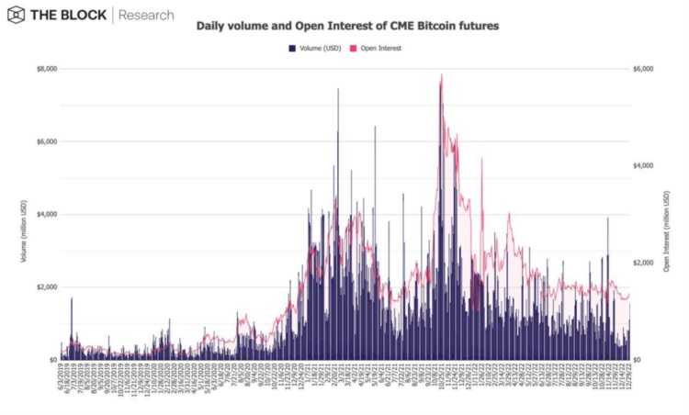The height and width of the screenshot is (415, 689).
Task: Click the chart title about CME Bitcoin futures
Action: tap(348, 27)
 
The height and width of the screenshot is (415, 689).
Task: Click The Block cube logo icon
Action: tap(17, 16)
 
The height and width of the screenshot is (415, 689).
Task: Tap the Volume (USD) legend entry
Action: tap(316, 48)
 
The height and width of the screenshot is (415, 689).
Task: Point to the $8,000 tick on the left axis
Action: tap(45, 69)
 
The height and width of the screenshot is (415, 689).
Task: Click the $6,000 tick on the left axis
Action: tap(45, 141)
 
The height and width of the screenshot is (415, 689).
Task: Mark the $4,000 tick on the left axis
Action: tap(45, 214)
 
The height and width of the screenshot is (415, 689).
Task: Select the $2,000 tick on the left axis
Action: tap(45, 286)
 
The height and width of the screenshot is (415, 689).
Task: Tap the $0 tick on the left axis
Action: tap(51, 360)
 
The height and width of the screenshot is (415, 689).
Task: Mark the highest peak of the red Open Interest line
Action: tap(442, 74)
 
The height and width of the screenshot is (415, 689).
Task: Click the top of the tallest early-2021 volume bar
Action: tap(338, 89)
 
